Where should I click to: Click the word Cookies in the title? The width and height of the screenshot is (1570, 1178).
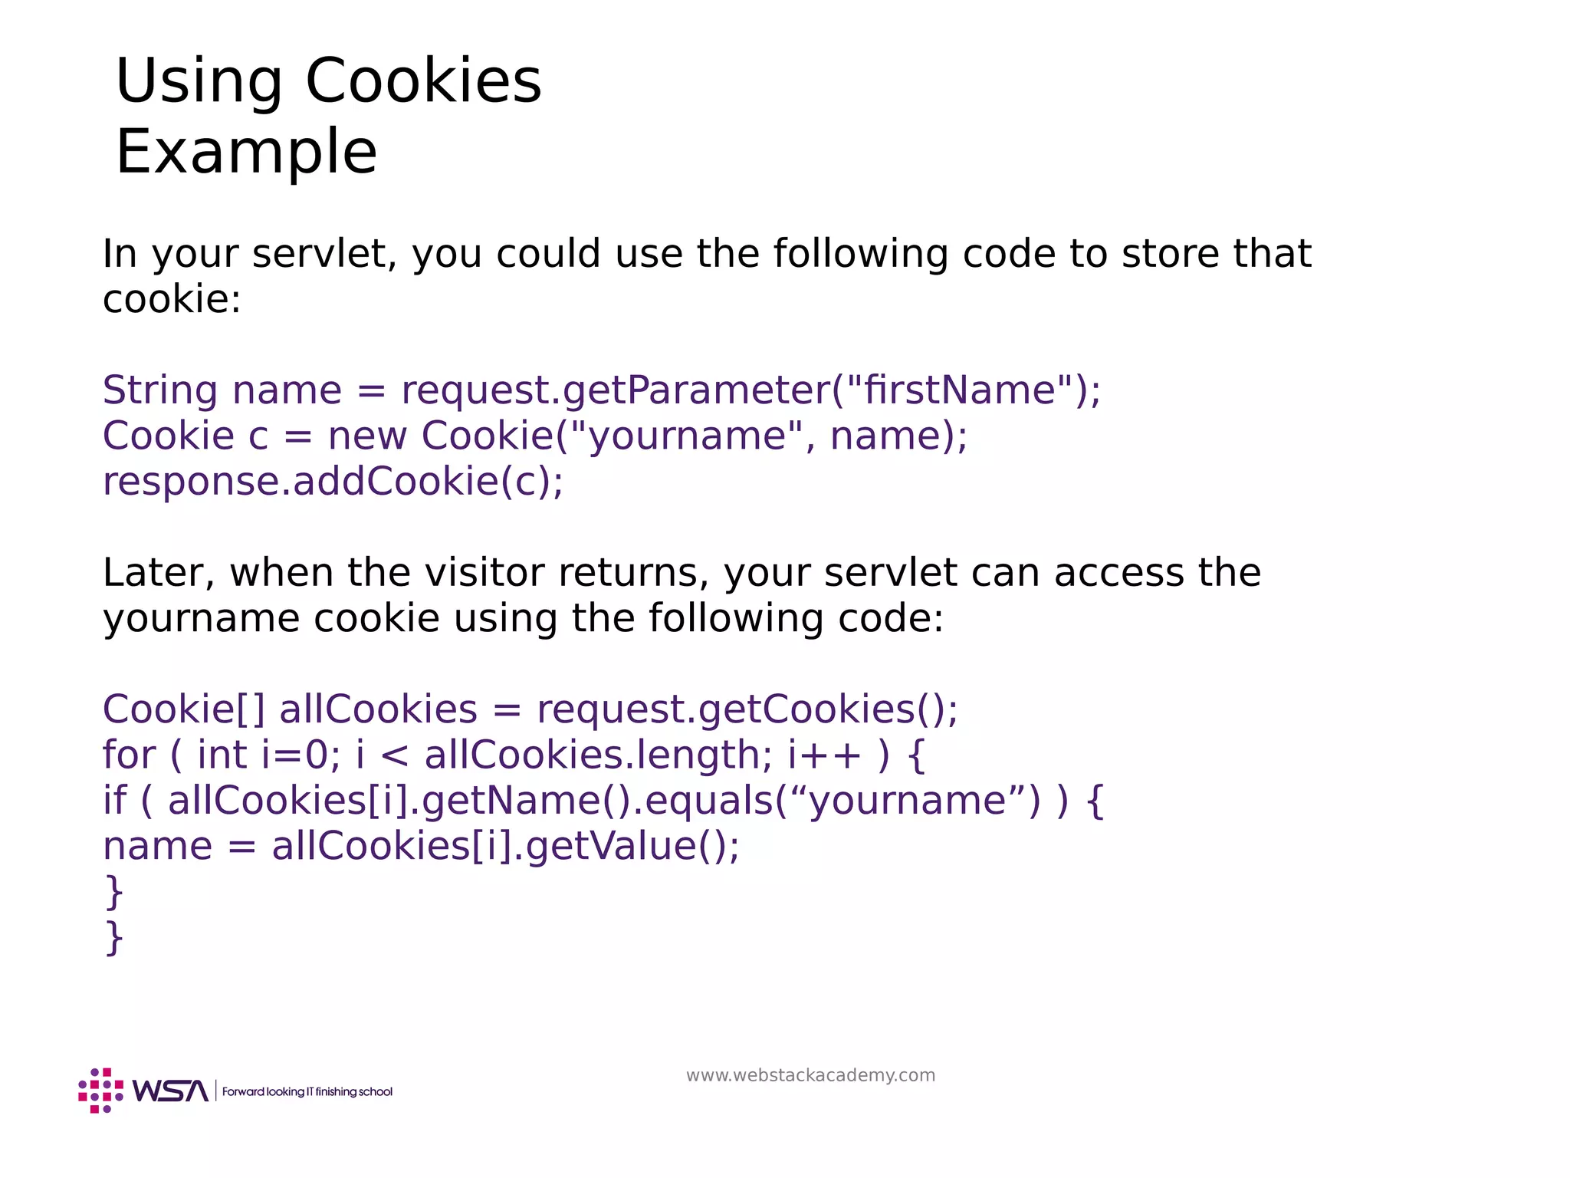click(x=423, y=81)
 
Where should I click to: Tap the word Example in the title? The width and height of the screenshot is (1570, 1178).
click(x=246, y=153)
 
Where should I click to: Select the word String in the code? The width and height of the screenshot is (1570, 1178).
click(x=160, y=390)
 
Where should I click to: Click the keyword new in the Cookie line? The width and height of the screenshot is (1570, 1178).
click(x=367, y=436)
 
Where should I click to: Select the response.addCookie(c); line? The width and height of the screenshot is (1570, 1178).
click(x=333, y=482)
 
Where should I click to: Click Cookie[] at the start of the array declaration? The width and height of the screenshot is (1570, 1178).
click(x=183, y=709)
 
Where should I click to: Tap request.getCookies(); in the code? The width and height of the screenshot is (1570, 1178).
click(x=747, y=709)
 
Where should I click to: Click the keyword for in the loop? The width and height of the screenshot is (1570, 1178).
click(x=129, y=755)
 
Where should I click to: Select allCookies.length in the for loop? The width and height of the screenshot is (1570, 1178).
click(x=592, y=755)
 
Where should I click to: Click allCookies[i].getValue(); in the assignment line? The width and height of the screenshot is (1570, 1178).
click(x=506, y=847)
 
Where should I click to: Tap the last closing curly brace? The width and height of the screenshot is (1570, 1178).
click(x=113, y=938)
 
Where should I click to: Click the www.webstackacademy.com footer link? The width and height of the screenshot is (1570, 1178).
click(x=810, y=1075)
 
